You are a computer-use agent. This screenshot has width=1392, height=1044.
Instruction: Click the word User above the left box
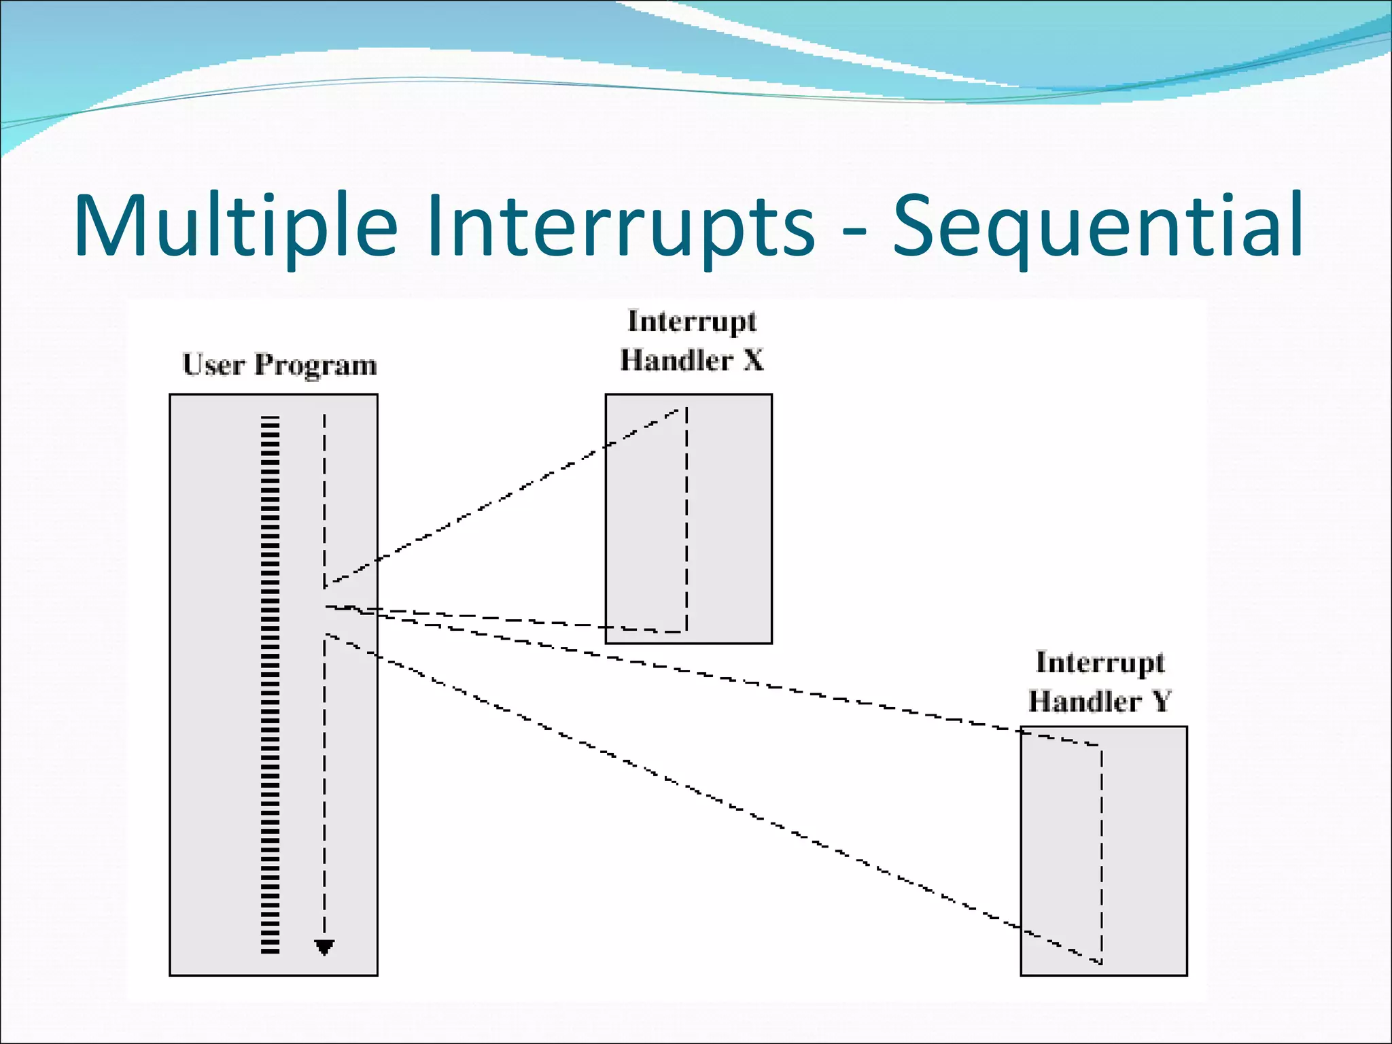[213, 365]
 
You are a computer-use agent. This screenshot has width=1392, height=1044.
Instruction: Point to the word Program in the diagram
[315, 365]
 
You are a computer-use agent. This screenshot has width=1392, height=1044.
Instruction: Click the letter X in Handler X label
[753, 360]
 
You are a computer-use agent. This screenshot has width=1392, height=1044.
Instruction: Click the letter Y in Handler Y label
[1161, 701]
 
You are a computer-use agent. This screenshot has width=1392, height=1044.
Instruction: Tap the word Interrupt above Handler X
[692, 321]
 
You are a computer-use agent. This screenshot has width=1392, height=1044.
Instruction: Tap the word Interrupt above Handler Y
[1100, 662]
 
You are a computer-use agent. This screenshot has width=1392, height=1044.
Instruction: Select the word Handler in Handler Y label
[1084, 701]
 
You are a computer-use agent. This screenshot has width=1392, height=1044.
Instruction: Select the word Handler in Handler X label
[676, 360]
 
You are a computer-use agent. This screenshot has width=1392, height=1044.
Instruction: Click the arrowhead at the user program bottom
[324, 947]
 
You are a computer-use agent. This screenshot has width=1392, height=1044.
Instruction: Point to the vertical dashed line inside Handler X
[686, 520]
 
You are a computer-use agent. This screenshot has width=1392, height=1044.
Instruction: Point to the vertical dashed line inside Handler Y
[1101, 853]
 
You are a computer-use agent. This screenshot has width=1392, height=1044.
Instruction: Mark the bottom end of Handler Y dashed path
[1100, 962]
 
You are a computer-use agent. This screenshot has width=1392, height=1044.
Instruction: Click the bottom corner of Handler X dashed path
[686, 631]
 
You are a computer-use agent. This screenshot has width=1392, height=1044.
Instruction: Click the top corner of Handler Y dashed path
[1100, 746]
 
